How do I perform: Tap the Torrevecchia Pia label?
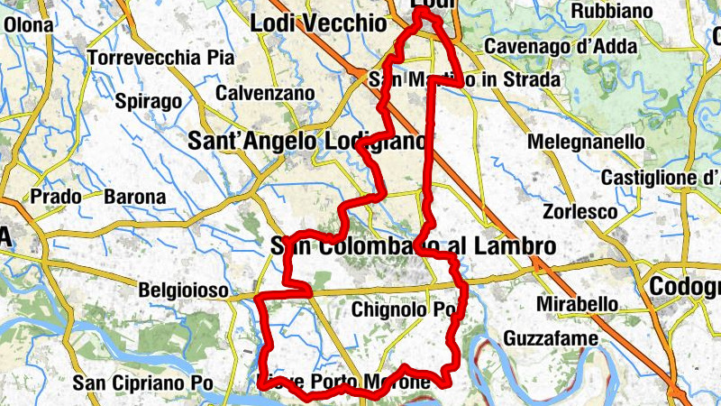point(161,58)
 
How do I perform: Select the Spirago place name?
point(149,101)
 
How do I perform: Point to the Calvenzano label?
point(265,93)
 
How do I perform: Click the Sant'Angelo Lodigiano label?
point(306,142)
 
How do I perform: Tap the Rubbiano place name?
point(612,11)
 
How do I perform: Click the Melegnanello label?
point(586,143)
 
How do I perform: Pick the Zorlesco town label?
point(580,212)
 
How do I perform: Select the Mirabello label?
point(577,304)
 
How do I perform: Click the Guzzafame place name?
point(547,338)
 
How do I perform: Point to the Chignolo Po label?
point(405,310)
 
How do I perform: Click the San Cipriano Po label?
point(142,383)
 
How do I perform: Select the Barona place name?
point(135,196)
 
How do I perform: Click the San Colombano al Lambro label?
point(412,245)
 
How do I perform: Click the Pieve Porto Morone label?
point(344,382)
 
